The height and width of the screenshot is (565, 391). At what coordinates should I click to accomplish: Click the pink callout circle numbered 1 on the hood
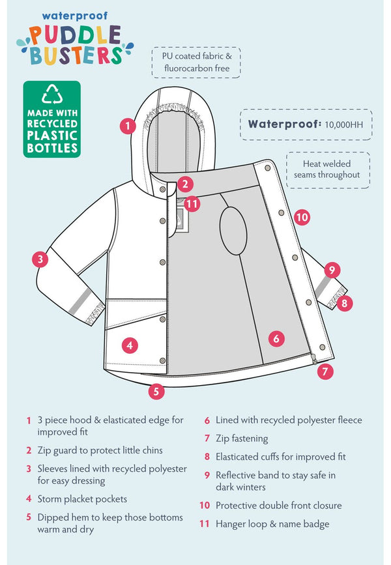click(x=128, y=126)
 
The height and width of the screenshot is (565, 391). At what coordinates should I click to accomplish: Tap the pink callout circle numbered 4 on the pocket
click(x=130, y=345)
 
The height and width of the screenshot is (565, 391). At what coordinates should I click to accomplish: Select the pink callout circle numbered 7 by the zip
click(x=325, y=371)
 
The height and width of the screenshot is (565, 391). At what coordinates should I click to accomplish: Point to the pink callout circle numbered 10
click(x=302, y=217)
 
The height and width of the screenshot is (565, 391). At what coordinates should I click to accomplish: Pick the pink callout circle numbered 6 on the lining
click(x=276, y=338)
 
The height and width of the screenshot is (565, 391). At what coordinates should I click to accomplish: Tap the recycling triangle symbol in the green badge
click(x=52, y=94)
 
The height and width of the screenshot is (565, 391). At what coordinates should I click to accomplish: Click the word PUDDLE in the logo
click(x=74, y=36)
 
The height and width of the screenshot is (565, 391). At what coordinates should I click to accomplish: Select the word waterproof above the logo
click(x=74, y=16)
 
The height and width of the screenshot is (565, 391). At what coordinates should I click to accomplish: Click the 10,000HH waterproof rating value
click(x=344, y=124)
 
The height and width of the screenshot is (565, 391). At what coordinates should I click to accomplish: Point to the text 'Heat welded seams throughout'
click(x=327, y=169)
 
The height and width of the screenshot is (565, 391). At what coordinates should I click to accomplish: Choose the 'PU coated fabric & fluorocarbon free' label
click(x=197, y=62)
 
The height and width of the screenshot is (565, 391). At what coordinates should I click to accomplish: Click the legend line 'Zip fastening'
click(x=242, y=439)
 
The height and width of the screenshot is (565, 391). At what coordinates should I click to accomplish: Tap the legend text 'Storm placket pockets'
click(x=82, y=499)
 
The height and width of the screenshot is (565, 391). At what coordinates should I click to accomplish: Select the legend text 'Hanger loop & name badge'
click(x=272, y=524)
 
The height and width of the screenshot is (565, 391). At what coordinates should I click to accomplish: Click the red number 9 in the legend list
click(x=207, y=475)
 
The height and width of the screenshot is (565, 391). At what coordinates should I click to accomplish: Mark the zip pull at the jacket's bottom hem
click(x=314, y=359)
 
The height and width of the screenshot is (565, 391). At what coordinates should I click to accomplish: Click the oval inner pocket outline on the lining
click(x=233, y=231)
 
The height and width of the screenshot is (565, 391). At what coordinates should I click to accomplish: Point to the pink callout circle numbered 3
click(x=40, y=259)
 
